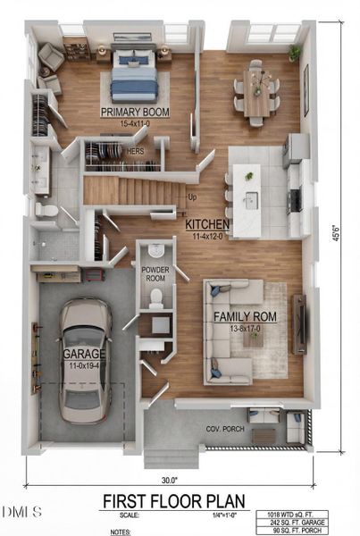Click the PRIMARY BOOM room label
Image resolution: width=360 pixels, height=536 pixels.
coord(135,112)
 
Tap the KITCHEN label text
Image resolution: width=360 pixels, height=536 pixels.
coord(207,224)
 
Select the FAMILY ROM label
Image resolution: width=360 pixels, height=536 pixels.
coord(245,316)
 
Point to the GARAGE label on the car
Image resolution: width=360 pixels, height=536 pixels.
coord(84,354)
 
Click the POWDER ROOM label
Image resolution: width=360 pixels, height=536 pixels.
coord(155,273)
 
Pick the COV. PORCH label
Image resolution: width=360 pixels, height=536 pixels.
coord(224,429)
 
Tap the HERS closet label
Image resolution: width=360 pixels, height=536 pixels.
coord(136,152)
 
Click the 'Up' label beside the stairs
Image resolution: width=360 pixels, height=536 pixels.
coord(192,197)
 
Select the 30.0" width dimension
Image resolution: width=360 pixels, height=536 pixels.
coord(170,478)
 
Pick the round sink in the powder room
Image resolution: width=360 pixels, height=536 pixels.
coord(157,251)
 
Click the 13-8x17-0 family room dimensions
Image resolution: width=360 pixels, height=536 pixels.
coord(244,328)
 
